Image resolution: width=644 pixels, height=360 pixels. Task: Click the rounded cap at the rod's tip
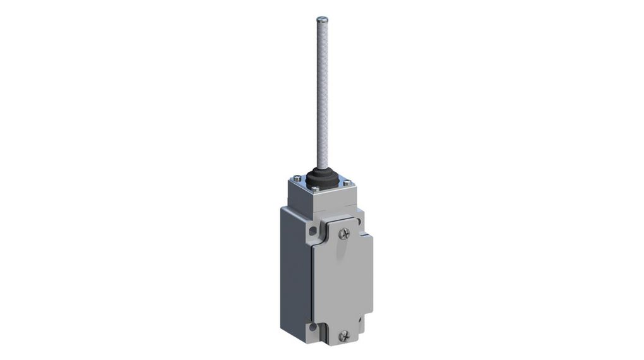[x=322, y=19]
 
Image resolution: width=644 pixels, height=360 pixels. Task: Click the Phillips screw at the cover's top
[x=343, y=234]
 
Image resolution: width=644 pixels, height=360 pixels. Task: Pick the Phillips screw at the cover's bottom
[x=343, y=336]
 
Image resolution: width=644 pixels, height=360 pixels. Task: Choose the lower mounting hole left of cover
[x=311, y=328]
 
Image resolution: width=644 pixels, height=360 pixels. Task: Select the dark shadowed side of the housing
[x=295, y=272]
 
